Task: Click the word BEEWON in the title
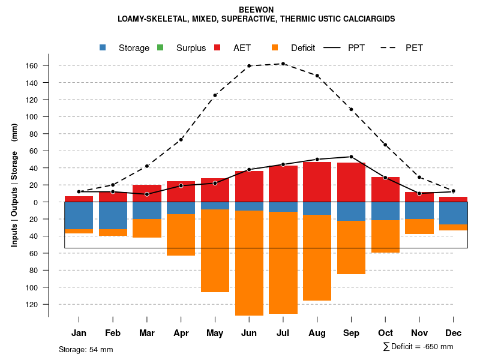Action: (x=256, y=10)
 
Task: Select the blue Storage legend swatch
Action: (x=104, y=47)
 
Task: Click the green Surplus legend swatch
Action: (x=160, y=47)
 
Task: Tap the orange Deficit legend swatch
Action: (x=275, y=47)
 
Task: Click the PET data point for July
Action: (x=283, y=64)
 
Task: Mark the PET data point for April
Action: (x=181, y=140)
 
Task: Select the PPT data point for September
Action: (x=351, y=157)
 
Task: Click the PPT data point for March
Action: (x=147, y=194)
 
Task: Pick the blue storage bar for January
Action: (x=79, y=215)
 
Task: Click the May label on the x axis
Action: (x=215, y=333)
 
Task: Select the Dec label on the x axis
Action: (x=454, y=333)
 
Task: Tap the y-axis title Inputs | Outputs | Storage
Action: (x=14, y=185)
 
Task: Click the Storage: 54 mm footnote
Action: (x=86, y=349)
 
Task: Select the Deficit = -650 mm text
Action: (x=418, y=347)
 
